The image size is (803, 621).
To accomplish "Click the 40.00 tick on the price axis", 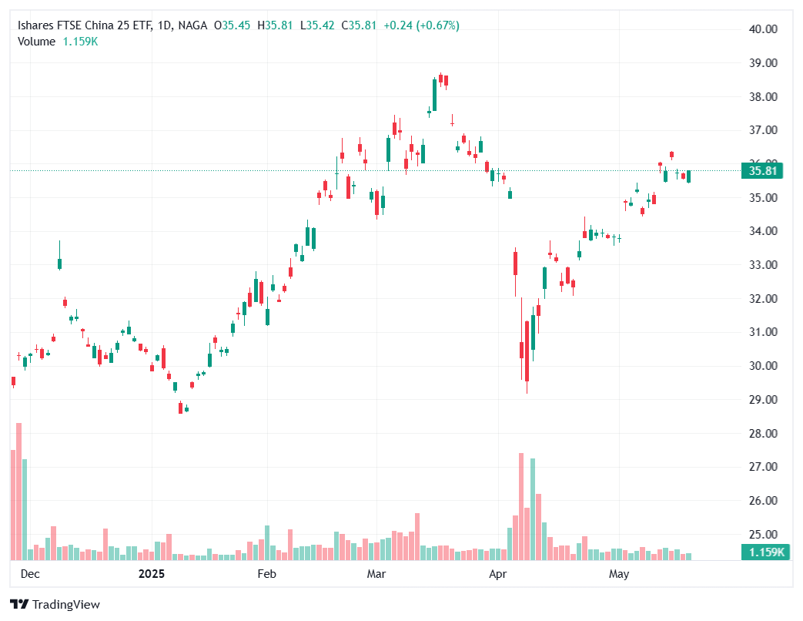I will [764, 29].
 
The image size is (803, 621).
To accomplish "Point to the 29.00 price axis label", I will [764, 399].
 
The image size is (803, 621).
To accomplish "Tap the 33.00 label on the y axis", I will [764, 265].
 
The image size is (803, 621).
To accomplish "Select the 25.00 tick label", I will [764, 534].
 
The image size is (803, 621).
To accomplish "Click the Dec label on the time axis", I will [29, 574].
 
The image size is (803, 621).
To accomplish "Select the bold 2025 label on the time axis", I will [152, 574].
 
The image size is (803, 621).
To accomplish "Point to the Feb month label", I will [266, 574].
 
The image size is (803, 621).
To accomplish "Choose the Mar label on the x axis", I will [376, 574].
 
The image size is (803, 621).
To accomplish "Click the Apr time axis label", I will [497, 574].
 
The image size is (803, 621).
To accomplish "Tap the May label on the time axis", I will [619, 574].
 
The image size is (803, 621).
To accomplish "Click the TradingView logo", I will [55, 605].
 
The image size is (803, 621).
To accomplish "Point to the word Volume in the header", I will [36, 42].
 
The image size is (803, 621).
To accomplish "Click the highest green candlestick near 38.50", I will [435, 95].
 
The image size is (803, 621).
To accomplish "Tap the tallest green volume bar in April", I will [533, 509].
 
